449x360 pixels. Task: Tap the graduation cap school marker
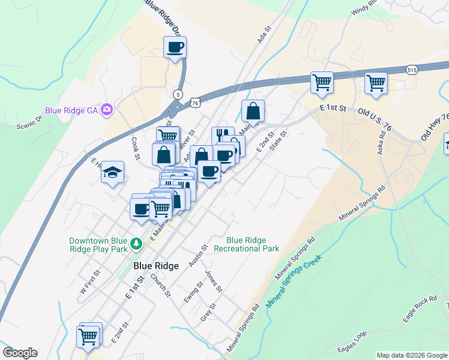pyautogui.click(x=112, y=173)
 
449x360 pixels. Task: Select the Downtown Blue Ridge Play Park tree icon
pyautogui.click(x=137, y=244)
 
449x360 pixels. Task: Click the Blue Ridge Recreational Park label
pyautogui.click(x=247, y=244)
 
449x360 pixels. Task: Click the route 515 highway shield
pyautogui.click(x=411, y=70)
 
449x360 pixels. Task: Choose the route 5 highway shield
pyautogui.click(x=178, y=94)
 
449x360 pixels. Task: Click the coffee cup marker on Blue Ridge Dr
pyautogui.click(x=175, y=47)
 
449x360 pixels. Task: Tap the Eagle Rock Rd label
pyautogui.click(x=420, y=309)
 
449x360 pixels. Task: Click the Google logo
pyautogui.click(x=20, y=353)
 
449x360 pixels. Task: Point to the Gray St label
pyautogui.click(x=208, y=312)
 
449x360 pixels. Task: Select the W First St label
pyautogui.click(x=90, y=280)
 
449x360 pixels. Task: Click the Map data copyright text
pyautogui.click(x=412, y=355)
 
